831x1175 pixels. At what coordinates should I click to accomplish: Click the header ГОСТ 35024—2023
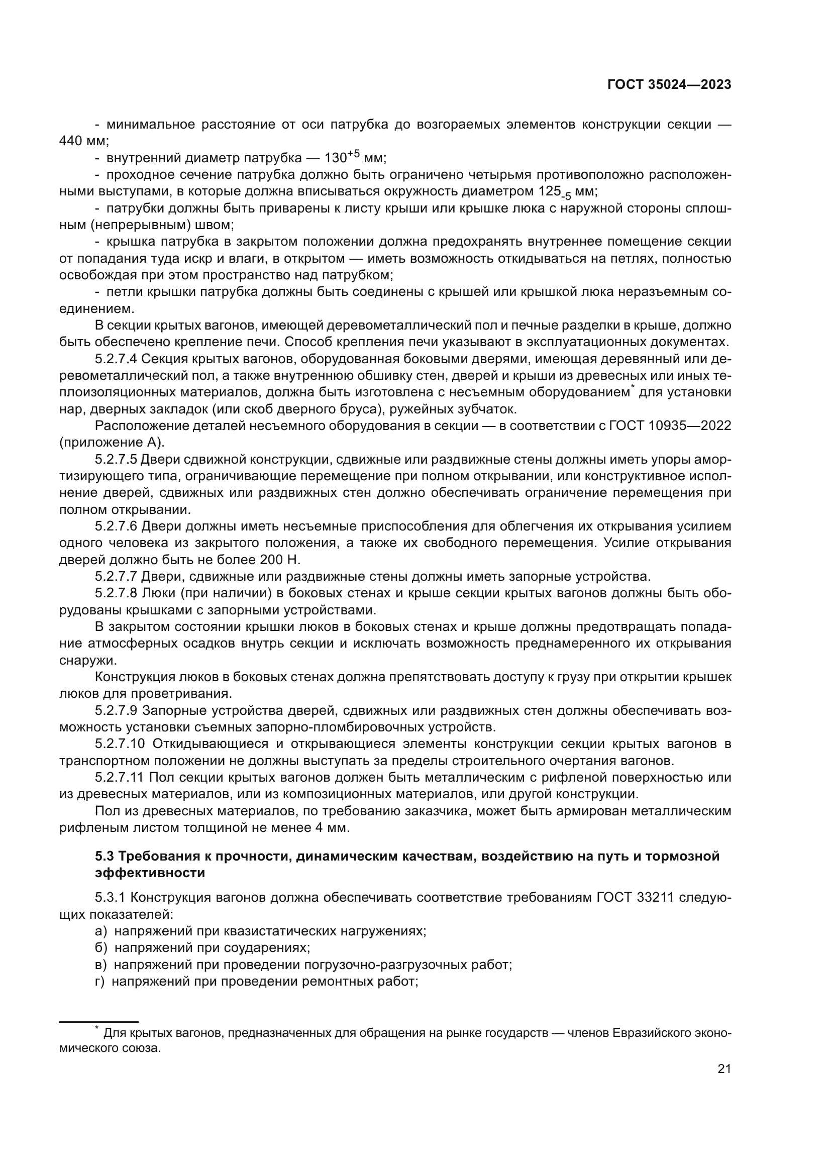pos(669,85)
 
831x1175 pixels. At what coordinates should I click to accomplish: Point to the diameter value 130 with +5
pos(342,157)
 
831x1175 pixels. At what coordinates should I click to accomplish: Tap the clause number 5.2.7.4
pos(116,359)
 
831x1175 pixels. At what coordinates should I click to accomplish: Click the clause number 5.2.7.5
pos(116,459)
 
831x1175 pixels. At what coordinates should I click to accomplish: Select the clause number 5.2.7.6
pos(116,526)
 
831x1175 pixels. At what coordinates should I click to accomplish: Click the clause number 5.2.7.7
pos(116,576)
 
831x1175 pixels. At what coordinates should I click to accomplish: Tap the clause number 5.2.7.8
pos(116,593)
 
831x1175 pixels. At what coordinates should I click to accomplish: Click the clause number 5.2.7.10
pos(120,743)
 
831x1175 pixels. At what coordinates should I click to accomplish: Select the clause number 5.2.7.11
pos(119,777)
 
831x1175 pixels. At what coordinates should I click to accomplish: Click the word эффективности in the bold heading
pos(150,873)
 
